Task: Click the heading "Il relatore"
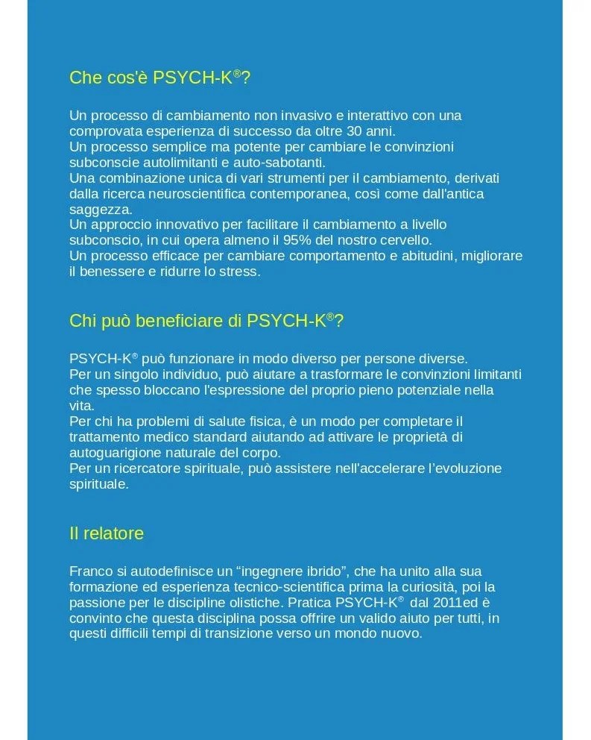click(x=107, y=534)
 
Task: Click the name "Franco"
click(x=89, y=571)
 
